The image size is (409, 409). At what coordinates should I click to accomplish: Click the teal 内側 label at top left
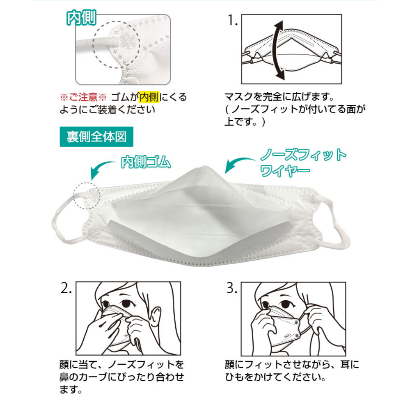(81, 17)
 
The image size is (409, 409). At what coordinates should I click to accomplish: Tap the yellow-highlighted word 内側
(149, 97)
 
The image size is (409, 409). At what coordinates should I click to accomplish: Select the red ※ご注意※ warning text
(83, 97)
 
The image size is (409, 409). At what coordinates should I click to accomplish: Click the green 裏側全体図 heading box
(97, 137)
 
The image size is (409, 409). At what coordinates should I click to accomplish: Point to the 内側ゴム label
(146, 162)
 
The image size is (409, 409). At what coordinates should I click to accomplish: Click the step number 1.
(233, 20)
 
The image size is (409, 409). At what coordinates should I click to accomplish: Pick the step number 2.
(66, 288)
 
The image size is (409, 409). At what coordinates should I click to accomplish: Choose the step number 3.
(232, 288)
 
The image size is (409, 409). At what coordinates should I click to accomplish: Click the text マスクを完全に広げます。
(279, 97)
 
